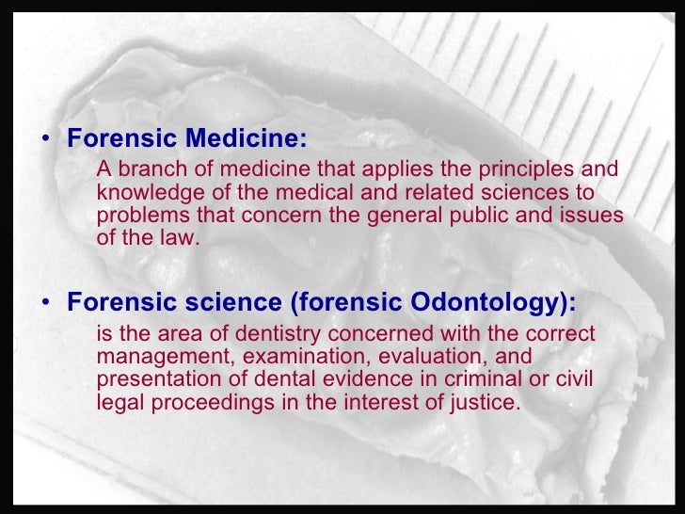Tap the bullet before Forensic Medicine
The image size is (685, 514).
click(47, 141)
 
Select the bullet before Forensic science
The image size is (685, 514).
click(47, 304)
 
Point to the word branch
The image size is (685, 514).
click(149, 169)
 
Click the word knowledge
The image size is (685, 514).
click(143, 192)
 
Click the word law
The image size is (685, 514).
click(180, 237)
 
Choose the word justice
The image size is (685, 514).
click(486, 402)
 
